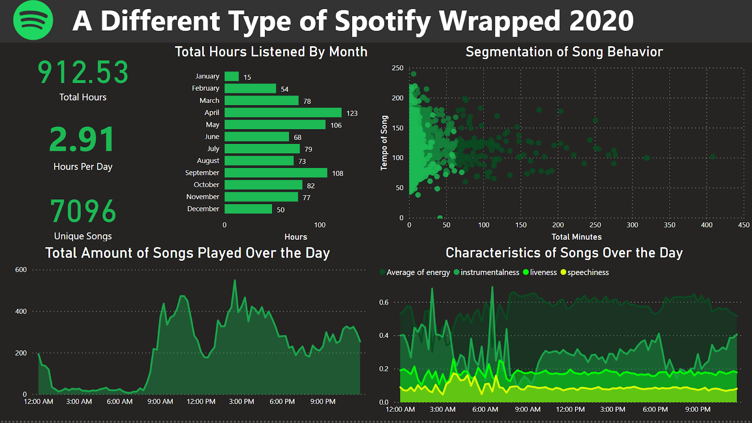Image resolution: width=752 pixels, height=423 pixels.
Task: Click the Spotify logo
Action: coord(33,20)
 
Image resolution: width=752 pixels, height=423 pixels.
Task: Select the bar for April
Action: coord(282,112)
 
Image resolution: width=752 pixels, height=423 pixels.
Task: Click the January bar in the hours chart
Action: coord(231,76)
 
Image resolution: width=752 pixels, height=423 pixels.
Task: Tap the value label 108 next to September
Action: coord(337,173)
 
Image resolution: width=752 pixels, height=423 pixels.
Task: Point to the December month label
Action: coord(203,209)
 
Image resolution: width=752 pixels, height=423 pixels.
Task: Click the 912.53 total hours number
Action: coord(83,72)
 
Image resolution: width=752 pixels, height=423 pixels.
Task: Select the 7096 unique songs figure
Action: coord(83,211)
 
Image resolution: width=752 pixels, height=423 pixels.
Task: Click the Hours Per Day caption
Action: coord(83,167)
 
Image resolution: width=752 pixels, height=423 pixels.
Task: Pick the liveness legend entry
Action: coord(540,272)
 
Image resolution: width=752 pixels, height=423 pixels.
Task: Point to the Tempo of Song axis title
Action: coord(384,142)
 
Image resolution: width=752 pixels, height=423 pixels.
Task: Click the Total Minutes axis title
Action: coord(576,237)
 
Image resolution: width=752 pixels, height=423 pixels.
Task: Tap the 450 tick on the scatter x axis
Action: coord(744,225)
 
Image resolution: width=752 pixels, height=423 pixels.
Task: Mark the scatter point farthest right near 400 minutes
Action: coord(713,157)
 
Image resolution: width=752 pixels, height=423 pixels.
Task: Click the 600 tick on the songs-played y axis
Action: coord(21,270)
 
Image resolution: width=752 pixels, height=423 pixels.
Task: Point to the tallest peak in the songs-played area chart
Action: coord(235,281)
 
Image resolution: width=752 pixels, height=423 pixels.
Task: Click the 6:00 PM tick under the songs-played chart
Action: coord(282,401)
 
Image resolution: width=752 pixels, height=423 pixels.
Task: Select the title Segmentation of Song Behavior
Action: coord(564,52)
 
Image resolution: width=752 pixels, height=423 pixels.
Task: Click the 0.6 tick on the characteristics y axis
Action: coord(384,302)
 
